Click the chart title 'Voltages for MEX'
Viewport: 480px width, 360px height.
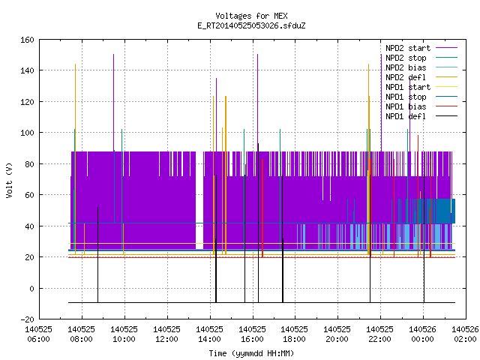[x=251, y=16]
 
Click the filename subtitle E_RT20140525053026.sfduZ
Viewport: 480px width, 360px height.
[x=251, y=25]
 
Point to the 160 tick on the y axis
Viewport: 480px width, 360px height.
[x=27, y=40]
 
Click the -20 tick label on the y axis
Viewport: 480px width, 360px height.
[x=27, y=319]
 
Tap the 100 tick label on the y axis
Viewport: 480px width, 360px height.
[x=27, y=133]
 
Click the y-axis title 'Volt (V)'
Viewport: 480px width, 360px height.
[x=9, y=180]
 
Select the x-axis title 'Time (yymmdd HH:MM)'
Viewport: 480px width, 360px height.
[x=251, y=353]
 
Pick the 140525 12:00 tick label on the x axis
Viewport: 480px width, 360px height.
[x=166, y=334]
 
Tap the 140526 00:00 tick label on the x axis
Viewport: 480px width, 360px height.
[x=422, y=334]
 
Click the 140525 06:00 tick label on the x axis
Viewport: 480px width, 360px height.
[x=38, y=334]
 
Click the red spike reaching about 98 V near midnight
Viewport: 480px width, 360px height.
[x=418, y=196]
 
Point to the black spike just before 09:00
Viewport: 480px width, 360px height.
[x=98, y=255]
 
